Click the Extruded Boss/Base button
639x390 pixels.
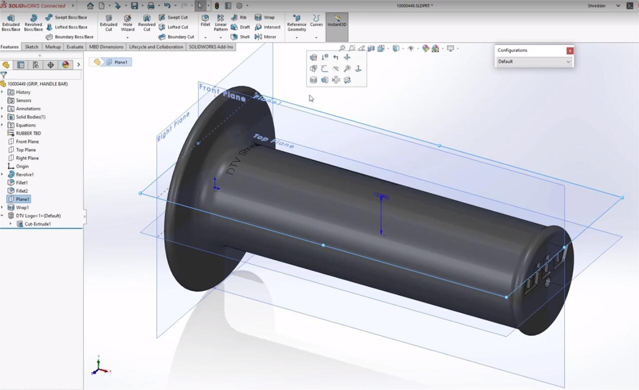coord(10,22)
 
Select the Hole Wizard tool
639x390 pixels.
coord(127,22)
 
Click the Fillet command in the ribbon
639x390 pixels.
coord(205,20)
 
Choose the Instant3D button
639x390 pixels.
coord(337,20)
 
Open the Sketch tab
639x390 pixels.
coord(31,47)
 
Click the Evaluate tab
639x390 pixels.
coord(75,47)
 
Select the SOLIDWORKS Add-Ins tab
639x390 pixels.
coord(211,47)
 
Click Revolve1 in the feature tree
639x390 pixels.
coord(24,175)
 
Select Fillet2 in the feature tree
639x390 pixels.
coord(22,191)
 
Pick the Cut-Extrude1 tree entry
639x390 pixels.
coord(37,224)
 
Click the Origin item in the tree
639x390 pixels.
coord(22,166)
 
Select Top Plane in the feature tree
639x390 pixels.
coord(25,150)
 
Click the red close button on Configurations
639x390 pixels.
coord(570,50)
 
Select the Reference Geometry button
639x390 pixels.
coord(297,22)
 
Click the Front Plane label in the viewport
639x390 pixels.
coord(222,91)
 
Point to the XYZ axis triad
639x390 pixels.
coord(99,368)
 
